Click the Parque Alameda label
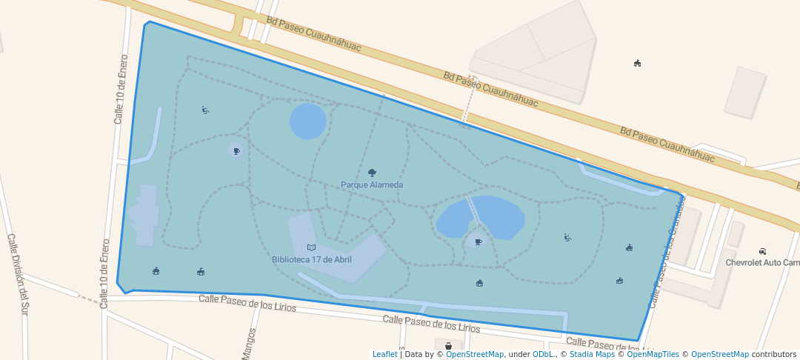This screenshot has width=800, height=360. coord(372,184)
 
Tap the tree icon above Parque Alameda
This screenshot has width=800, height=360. coord(372,173)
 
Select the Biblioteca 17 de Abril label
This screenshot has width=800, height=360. coord(311,259)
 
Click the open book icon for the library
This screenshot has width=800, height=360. coord(311,247)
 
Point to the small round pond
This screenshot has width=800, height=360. coord(307,121)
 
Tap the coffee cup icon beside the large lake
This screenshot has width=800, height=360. coord(478,241)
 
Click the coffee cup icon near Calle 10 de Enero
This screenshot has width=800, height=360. coord(236,151)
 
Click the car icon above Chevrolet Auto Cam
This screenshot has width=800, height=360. coord(762,251)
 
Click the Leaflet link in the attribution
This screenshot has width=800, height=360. coord(384,354)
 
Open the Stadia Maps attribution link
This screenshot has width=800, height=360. coord(591,354)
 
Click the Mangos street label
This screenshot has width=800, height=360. coord(249,344)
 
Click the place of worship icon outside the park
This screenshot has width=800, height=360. coord(637,63)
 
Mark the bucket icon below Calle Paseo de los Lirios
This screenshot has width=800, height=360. coord(448,346)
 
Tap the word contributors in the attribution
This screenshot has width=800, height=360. coord(774,354)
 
